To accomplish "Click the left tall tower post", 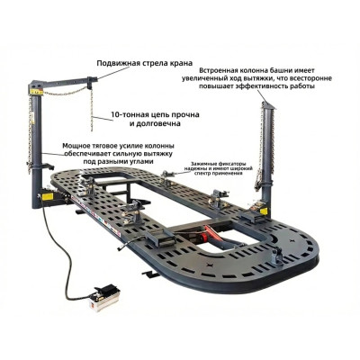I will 37,144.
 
